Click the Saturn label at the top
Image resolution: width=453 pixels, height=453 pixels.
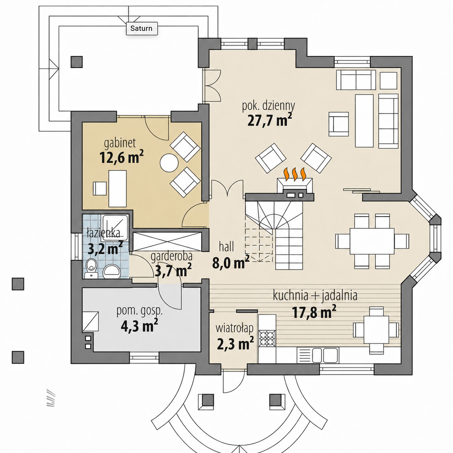(x=142, y=29)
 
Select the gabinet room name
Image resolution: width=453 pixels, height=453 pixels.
(x=120, y=143)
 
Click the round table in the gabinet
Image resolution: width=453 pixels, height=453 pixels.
(x=169, y=163)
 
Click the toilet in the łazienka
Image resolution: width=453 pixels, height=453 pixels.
(x=91, y=268)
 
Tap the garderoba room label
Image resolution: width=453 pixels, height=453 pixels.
(x=171, y=256)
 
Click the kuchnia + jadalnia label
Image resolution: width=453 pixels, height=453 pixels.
(x=315, y=295)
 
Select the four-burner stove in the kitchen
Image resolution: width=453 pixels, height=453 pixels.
(x=267, y=337)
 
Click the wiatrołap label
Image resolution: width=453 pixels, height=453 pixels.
(x=234, y=328)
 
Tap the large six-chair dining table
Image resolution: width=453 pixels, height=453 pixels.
(x=372, y=241)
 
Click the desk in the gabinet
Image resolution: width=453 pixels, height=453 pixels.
(x=117, y=189)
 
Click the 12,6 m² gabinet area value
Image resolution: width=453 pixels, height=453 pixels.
(x=121, y=157)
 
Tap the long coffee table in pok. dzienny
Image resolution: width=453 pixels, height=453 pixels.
(x=364, y=120)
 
